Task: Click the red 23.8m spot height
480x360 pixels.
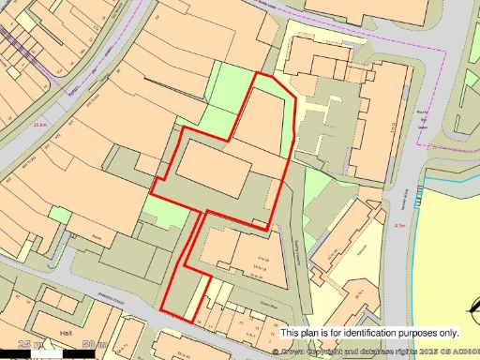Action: pos(38,123)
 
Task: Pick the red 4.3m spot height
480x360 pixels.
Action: pos(400,226)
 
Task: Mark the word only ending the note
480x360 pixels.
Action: pos(448,333)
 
